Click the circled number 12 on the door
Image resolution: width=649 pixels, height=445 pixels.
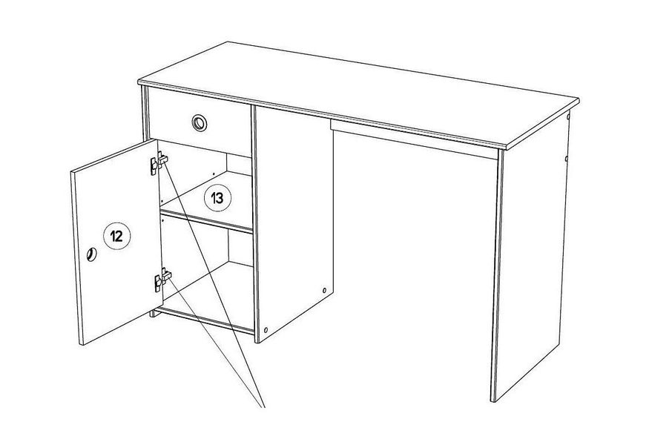point(116,236)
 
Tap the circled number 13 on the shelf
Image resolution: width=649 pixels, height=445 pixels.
point(218,198)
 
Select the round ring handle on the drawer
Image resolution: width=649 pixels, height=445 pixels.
point(200,123)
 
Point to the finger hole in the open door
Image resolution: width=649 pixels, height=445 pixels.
point(91,254)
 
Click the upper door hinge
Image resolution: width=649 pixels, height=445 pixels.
point(159,162)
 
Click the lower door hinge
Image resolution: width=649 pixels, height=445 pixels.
point(162,280)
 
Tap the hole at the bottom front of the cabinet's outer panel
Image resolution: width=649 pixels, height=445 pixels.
point(266,330)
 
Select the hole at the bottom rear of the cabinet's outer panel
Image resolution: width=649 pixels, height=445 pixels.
point(324,290)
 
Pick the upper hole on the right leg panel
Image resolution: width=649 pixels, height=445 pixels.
point(568,117)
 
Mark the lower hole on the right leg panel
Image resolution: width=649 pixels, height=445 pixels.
point(566,158)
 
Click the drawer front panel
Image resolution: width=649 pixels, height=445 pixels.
point(200,122)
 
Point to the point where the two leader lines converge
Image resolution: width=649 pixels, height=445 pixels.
point(263,407)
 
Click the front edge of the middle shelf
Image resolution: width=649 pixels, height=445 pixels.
point(206,222)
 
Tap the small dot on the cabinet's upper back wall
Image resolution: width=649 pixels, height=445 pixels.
point(213,174)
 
